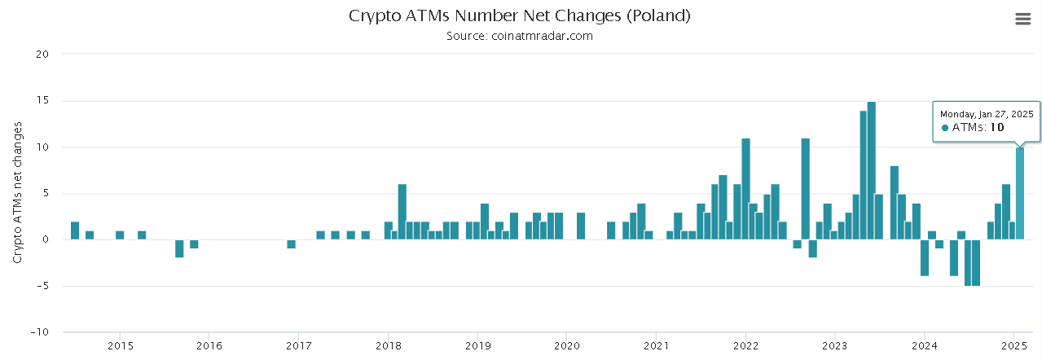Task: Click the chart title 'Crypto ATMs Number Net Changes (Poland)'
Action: coord(520,15)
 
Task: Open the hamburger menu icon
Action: coord(1022,19)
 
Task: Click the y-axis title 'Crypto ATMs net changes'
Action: coord(17,192)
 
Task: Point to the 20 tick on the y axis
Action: coord(43,55)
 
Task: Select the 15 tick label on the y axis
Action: coord(43,101)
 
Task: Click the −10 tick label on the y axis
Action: coord(39,332)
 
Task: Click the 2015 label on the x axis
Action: coord(120,345)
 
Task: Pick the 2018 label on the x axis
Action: coord(388,345)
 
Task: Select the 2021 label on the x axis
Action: coord(656,345)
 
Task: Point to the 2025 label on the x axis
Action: coord(1013,345)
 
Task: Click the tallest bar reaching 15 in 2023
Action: coord(872,170)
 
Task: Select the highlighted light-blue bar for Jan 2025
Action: coord(1020,193)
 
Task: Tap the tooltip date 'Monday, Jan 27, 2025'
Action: coord(987,114)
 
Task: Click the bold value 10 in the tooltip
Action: coord(997,128)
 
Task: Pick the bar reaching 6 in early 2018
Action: coord(402,212)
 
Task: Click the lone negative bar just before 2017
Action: coord(291,244)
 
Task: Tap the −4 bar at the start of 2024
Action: coord(925,257)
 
